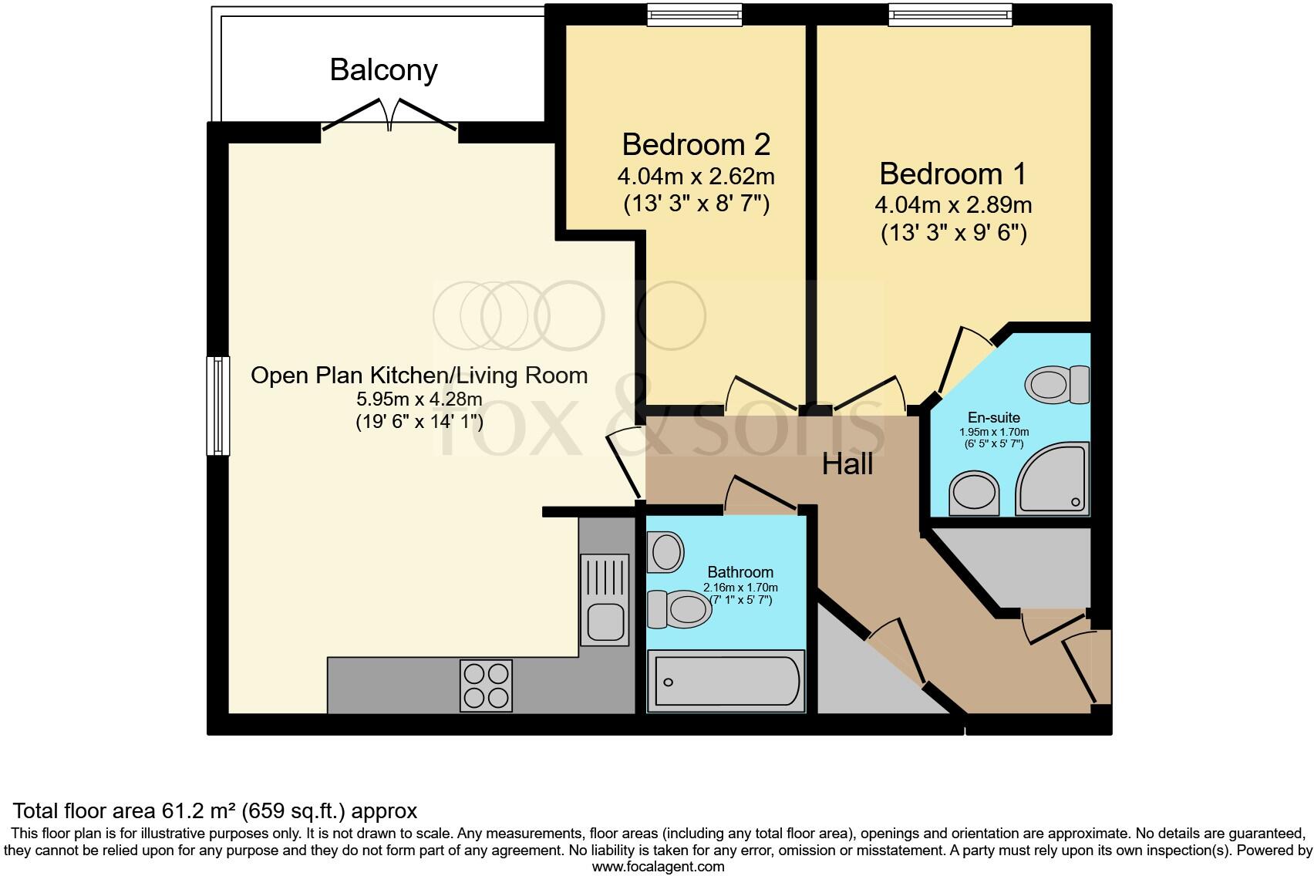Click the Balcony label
tap(384, 71)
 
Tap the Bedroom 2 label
tap(696, 144)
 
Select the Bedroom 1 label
tap(952, 174)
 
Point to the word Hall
tap(847, 465)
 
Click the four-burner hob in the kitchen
tap(487, 686)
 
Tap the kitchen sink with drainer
tap(605, 600)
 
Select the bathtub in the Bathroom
tap(726, 681)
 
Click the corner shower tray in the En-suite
tap(1053, 479)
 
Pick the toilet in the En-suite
tap(1057, 384)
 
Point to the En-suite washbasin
tap(974, 493)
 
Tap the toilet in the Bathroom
tap(679, 609)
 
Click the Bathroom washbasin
tap(665, 552)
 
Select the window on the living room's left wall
tap(217, 406)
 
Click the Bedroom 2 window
tap(695, 15)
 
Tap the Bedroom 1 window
tap(950, 15)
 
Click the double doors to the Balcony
tap(389, 115)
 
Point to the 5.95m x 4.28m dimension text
tap(419, 399)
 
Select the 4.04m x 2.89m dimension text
tap(953, 205)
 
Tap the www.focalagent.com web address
tap(659, 867)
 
